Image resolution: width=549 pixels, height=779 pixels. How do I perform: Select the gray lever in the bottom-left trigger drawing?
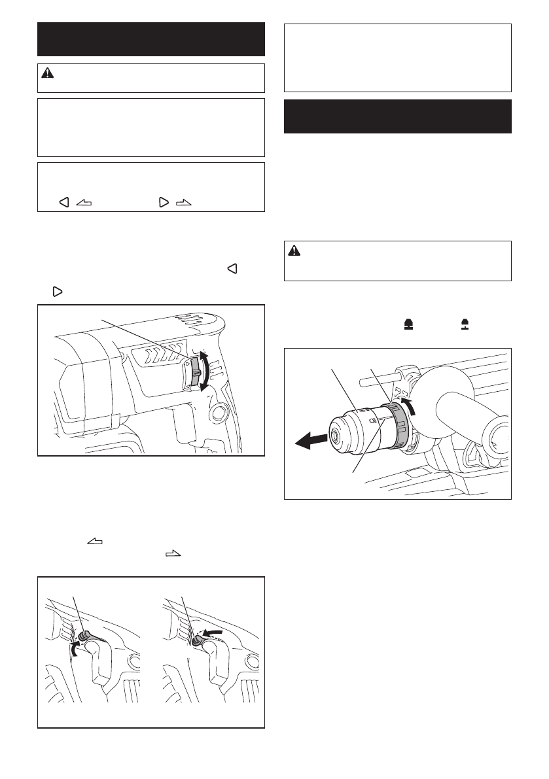pos(87,636)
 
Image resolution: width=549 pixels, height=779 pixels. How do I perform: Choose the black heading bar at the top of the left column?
pos(151,39)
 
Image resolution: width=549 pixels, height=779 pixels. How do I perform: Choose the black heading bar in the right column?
pos(398,116)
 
